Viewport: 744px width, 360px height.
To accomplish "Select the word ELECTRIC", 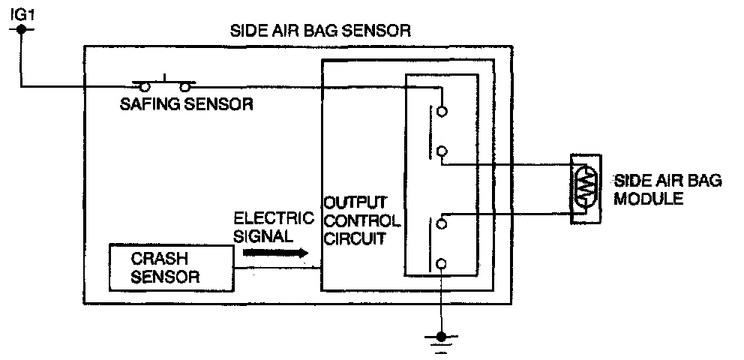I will click(273, 219).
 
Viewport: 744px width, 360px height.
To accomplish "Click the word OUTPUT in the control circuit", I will click(355, 203).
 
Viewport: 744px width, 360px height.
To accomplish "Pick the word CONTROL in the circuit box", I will click(361, 222).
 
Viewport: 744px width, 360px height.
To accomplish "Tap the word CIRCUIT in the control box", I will click(357, 240).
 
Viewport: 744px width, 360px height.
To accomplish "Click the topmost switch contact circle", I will click(442, 111).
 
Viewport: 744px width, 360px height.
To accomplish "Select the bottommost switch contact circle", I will click(442, 263).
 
